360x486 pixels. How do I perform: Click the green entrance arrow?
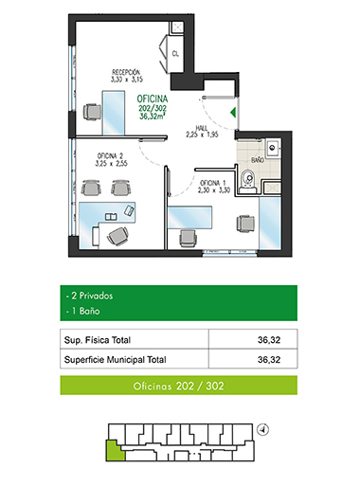[x=233, y=113]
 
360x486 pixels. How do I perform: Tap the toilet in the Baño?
[x=248, y=182]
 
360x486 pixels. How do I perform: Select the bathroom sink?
[x=273, y=147]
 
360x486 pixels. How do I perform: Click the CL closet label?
[x=175, y=54]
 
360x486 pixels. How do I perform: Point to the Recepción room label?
[x=126, y=72]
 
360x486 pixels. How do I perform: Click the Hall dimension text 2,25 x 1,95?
[x=202, y=135]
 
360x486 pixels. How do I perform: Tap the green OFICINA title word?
[x=153, y=99]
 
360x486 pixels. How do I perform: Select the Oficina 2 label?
[x=110, y=155]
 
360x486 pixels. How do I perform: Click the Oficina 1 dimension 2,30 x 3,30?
[x=214, y=190]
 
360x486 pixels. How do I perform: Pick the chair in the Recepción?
[x=92, y=112]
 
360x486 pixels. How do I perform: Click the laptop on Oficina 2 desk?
[x=129, y=210]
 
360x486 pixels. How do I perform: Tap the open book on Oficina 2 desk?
[x=111, y=217]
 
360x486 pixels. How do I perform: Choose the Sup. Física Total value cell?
[x=253, y=339]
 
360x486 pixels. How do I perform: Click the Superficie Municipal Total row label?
[x=115, y=360]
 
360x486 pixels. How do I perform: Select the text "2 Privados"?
[x=92, y=296]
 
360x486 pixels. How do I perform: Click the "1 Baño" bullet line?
[x=83, y=311]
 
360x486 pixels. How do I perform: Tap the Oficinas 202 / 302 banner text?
[x=178, y=386]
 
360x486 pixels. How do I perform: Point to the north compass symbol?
[x=263, y=430]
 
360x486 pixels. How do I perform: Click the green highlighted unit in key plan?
[x=116, y=451]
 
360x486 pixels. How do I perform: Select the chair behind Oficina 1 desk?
[x=188, y=238]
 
